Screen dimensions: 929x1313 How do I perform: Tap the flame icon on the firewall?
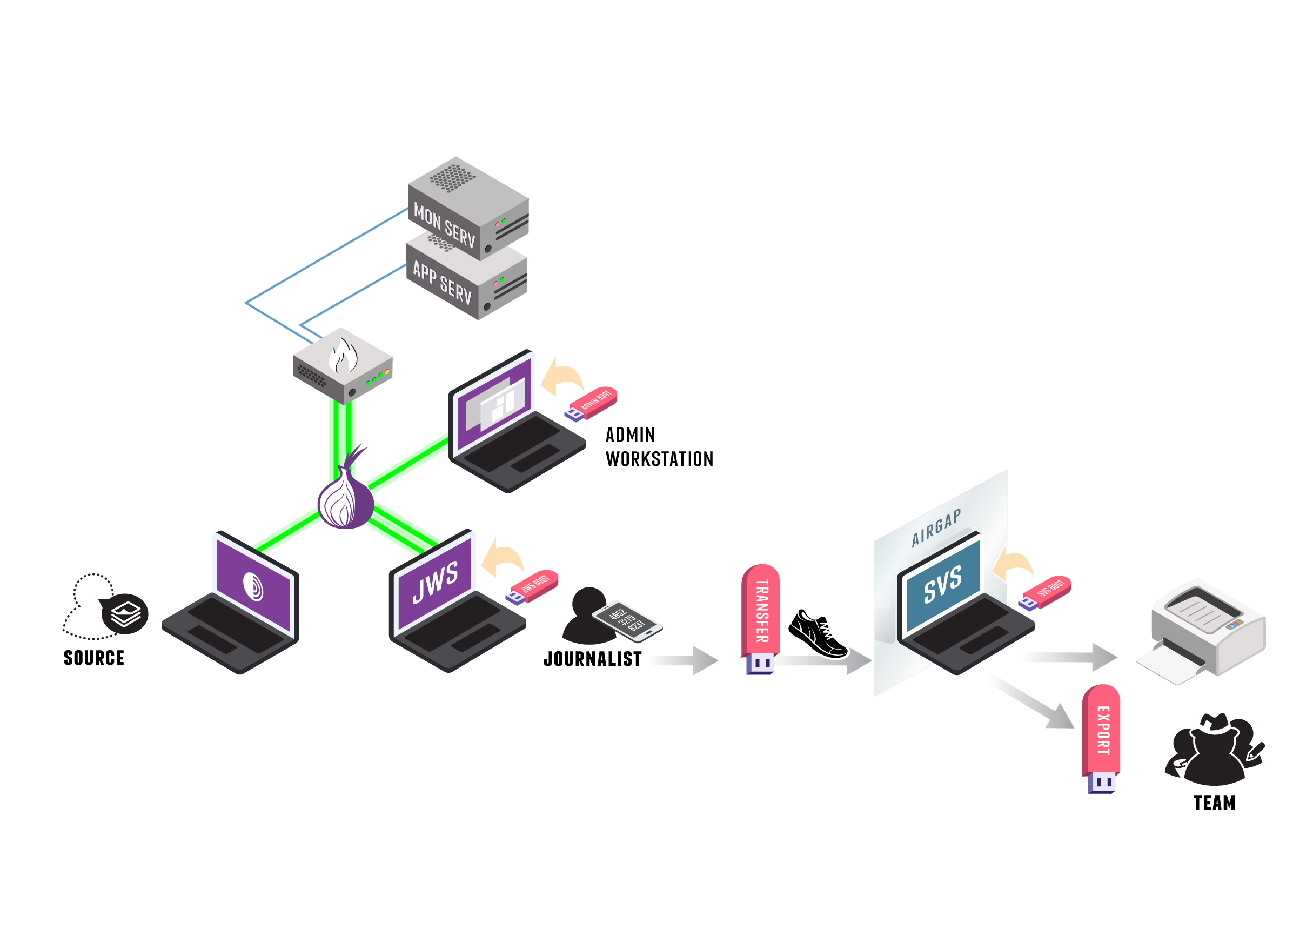[x=343, y=356]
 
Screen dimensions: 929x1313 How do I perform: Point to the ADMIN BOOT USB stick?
[x=592, y=403]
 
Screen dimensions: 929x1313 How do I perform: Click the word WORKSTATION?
[x=659, y=459]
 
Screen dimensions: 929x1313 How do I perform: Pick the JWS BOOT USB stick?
[x=532, y=586]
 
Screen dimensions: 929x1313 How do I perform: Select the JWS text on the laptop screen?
[x=435, y=583]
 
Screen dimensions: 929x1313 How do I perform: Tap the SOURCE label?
[x=94, y=658]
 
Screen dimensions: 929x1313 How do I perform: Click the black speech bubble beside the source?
[x=125, y=614]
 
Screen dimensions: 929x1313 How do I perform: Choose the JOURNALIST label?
[x=592, y=659]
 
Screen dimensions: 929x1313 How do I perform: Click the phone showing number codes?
[x=627, y=620]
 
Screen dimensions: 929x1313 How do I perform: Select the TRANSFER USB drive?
[x=761, y=618]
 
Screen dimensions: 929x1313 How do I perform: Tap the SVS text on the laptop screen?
[x=942, y=585]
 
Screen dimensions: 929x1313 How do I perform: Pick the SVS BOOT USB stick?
[x=1046, y=592]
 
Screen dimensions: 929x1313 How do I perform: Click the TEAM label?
[x=1214, y=803]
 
